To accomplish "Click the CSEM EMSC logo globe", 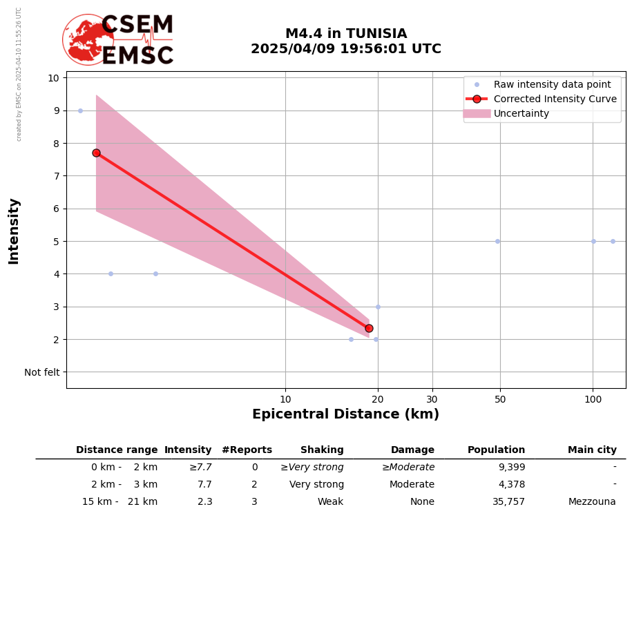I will click(88, 39).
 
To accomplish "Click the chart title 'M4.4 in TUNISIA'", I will click(346, 34).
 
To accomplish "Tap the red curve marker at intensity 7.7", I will click(96, 153).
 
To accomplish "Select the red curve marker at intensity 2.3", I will click(369, 328).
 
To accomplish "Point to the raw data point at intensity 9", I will click(80, 110).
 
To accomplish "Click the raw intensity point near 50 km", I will click(497, 241).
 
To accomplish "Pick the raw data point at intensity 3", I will click(378, 307).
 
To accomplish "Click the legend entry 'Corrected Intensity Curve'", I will click(555, 99).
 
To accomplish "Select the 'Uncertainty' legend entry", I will click(521, 113).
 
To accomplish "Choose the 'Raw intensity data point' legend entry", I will click(552, 84).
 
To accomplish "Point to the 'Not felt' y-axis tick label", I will click(42, 372).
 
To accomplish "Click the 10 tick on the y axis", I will click(53, 77).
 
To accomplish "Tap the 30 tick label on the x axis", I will click(432, 399).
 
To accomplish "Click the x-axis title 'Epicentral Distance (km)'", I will click(345, 414).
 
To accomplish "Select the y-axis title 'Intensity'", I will click(14, 231).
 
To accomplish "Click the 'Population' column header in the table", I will click(496, 450).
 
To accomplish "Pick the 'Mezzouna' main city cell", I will click(592, 502).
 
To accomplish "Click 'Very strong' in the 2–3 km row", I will click(316, 485).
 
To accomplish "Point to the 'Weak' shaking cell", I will click(330, 502).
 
